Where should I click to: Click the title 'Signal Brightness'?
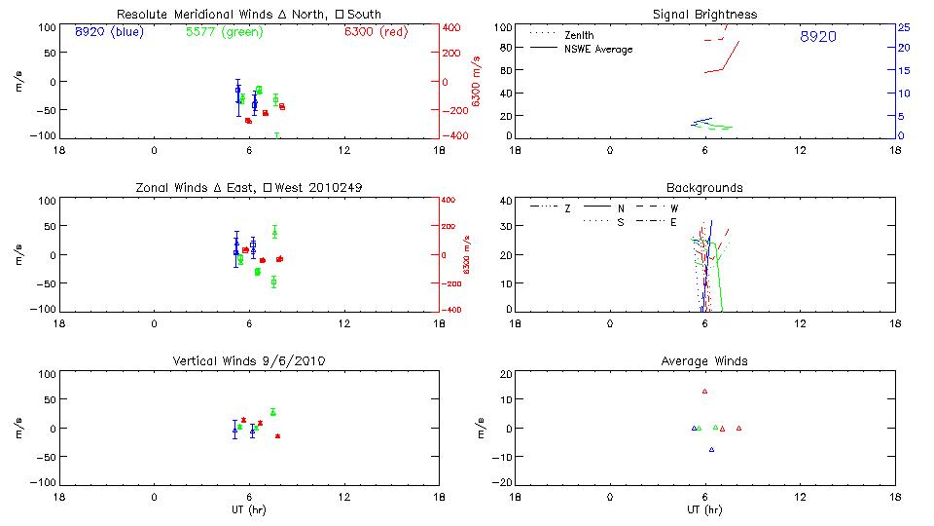pyautogui.click(x=706, y=15)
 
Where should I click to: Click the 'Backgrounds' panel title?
pyautogui.click(x=704, y=188)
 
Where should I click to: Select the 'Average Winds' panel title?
pyautogui.click(x=704, y=361)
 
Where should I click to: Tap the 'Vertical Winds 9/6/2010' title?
pyautogui.click(x=248, y=361)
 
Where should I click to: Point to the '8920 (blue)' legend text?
pyautogui.click(x=109, y=31)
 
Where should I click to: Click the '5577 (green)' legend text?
pyautogui.click(x=224, y=31)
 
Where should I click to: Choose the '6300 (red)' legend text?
pyautogui.click(x=376, y=31)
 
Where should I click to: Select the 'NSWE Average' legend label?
pyautogui.click(x=598, y=49)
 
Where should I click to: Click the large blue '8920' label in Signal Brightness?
pyautogui.click(x=817, y=37)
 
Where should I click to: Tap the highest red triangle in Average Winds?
pyautogui.click(x=704, y=392)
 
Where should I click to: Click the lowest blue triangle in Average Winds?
pyautogui.click(x=711, y=449)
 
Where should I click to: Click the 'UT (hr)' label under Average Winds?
pyautogui.click(x=704, y=509)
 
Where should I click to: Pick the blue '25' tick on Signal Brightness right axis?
pyautogui.click(x=903, y=27)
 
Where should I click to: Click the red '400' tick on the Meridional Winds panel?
pyautogui.click(x=453, y=27)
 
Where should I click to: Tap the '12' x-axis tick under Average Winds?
pyautogui.click(x=800, y=496)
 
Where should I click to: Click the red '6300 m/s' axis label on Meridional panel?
pyautogui.click(x=477, y=83)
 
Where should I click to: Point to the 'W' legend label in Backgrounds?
pyautogui.click(x=674, y=208)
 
